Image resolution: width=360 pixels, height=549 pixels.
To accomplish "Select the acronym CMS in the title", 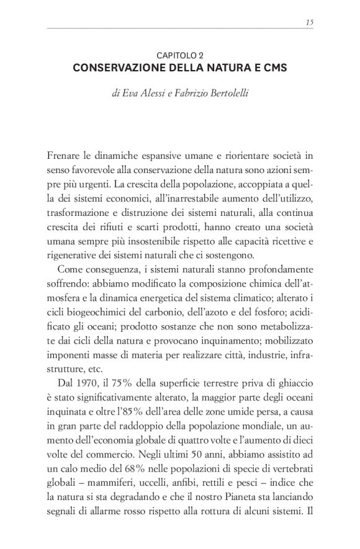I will [x=273, y=68].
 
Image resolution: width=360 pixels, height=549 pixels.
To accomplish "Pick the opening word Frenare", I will [x=63, y=153].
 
